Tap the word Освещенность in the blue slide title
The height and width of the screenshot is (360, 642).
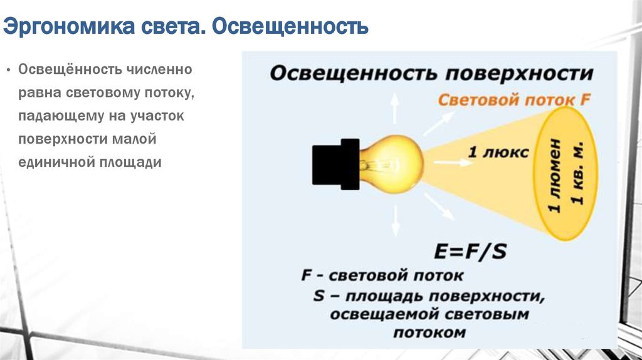(290, 26)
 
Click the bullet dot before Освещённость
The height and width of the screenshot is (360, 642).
(8, 70)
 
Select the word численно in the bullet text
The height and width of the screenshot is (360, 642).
(159, 69)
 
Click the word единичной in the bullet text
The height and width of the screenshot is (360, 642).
(50, 162)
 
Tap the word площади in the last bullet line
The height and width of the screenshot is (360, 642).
(125, 162)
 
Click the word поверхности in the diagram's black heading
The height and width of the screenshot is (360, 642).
(519, 74)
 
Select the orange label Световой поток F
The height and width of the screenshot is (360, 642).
(514, 100)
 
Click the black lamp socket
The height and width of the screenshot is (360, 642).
(336, 164)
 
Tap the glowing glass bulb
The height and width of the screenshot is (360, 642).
(391, 164)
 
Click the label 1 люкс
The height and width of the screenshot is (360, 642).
(498, 152)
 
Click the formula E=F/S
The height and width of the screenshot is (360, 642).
(470, 251)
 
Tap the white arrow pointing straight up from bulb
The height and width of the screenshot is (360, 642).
(394, 108)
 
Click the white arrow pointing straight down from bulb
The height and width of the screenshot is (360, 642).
(396, 221)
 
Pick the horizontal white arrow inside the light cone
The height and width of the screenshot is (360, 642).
(453, 162)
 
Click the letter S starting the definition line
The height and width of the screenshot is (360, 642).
(318, 295)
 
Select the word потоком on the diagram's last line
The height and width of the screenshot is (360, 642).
(429, 332)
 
